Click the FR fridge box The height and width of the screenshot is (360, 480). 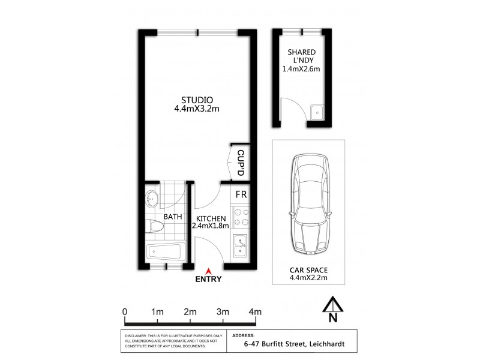point(240,194)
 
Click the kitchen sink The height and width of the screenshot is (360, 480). point(240,245)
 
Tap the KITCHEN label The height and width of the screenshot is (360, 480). point(209,218)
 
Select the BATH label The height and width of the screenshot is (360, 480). point(173,216)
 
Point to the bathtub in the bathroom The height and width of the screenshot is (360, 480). point(164,253)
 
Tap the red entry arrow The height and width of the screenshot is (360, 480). point(208,271)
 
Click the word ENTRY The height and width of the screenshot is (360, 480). point(208,279)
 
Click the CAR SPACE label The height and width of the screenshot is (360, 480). point(308,270)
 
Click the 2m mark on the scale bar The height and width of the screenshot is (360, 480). point(190,311)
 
